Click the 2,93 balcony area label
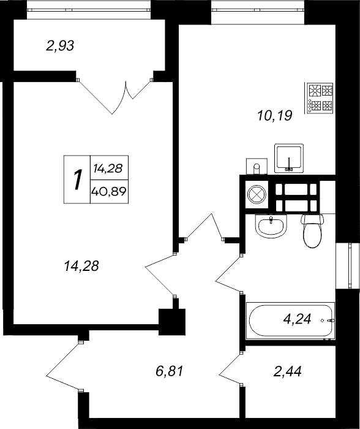(x=60, y=45)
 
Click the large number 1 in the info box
(x=77, y=180)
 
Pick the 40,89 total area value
(x=110, y=191)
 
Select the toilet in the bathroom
(x=312, y=229)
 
